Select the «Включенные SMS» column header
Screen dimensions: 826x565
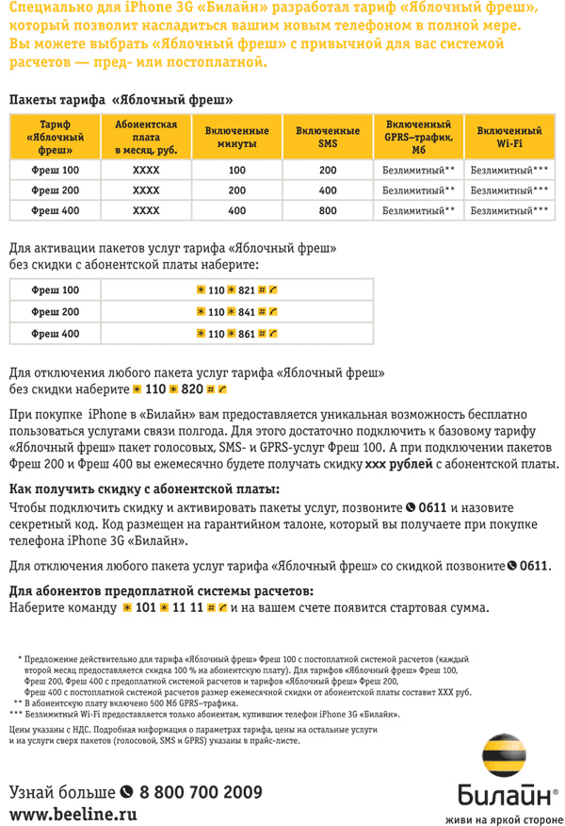point(328,136)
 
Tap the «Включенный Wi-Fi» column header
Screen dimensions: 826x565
point(508,136)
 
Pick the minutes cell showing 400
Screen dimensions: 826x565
point(236,210)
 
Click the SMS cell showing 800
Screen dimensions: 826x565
point(328,210)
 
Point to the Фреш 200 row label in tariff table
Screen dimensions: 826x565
point(56,190)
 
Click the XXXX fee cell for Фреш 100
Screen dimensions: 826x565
point(146,170)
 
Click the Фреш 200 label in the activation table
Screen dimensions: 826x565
point(56,312)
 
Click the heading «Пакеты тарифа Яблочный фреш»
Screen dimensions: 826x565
point(121,98)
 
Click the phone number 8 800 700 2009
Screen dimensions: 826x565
point(201,790)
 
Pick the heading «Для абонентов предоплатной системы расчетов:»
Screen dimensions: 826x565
point(161,591)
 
